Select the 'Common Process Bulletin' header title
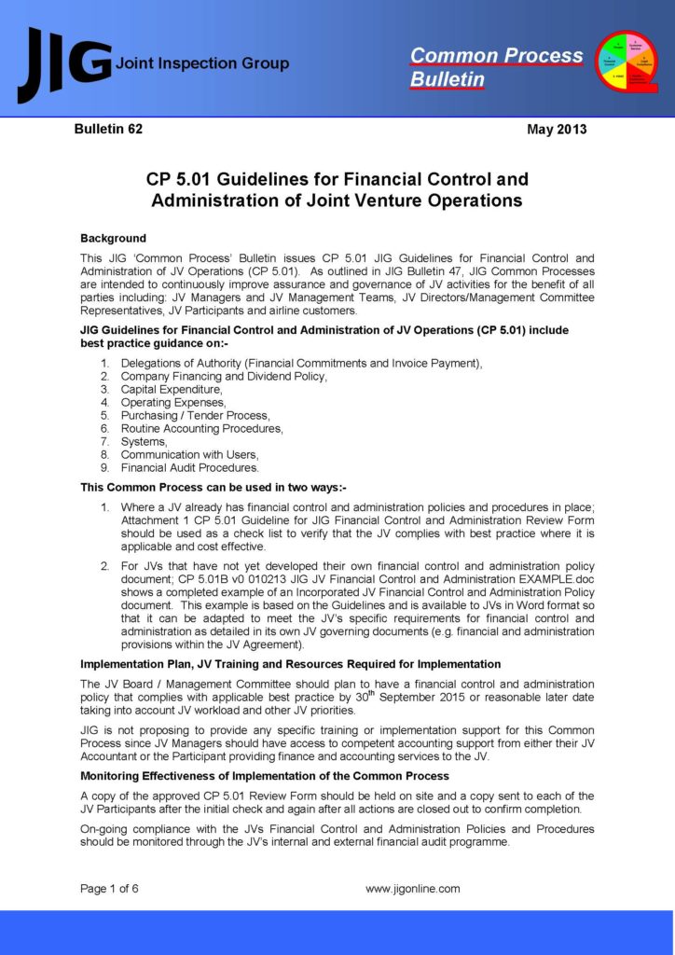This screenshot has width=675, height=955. (x=496, y=67)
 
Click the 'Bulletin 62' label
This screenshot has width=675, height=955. (x=109, y=130)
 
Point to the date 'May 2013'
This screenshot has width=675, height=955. (x=557, y=130)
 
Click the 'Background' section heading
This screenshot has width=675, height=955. (x=113, y=239)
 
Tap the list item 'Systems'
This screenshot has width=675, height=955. (x=145, y=442)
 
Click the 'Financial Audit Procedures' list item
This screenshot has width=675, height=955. (x=190, y=468)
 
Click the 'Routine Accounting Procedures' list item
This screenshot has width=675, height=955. (x=202, y=429)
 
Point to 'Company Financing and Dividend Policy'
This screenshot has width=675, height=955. (x=224, y=377)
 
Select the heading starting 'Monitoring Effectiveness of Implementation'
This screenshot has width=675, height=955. (x=265, y=776)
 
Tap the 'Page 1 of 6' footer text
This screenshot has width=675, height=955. (x=109, y=889)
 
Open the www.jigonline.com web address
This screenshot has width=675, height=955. (x=412, y=889)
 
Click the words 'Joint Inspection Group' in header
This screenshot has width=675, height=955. (x=201, y=64)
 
